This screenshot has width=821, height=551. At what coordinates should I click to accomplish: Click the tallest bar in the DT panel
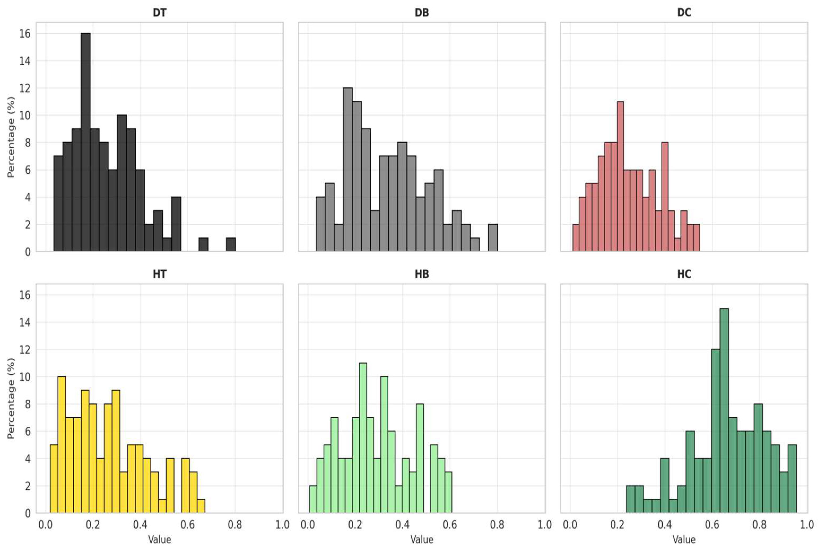point(85,142)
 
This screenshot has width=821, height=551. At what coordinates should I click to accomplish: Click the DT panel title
point(160,13)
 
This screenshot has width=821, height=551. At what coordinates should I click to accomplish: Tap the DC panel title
point(684,13)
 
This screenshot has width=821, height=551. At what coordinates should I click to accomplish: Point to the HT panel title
point(160,274)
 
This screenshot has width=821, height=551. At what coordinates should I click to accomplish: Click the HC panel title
point(684,274)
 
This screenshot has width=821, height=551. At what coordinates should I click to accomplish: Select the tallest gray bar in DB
point(348,169)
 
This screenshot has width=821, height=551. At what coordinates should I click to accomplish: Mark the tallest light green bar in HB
point(363,438)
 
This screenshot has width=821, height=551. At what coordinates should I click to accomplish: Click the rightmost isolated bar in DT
point(231,245)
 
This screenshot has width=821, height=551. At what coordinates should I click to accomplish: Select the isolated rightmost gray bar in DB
point(493,238)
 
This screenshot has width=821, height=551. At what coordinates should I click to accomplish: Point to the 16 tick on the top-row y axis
point(25,34)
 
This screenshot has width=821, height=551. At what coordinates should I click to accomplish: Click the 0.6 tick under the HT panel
point(187,525)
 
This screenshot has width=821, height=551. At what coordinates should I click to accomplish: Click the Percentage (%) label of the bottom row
point(11,399)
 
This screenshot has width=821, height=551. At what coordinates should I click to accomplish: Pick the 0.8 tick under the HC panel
point(759,525)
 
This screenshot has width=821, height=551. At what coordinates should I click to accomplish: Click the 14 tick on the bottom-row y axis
point(25,322)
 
